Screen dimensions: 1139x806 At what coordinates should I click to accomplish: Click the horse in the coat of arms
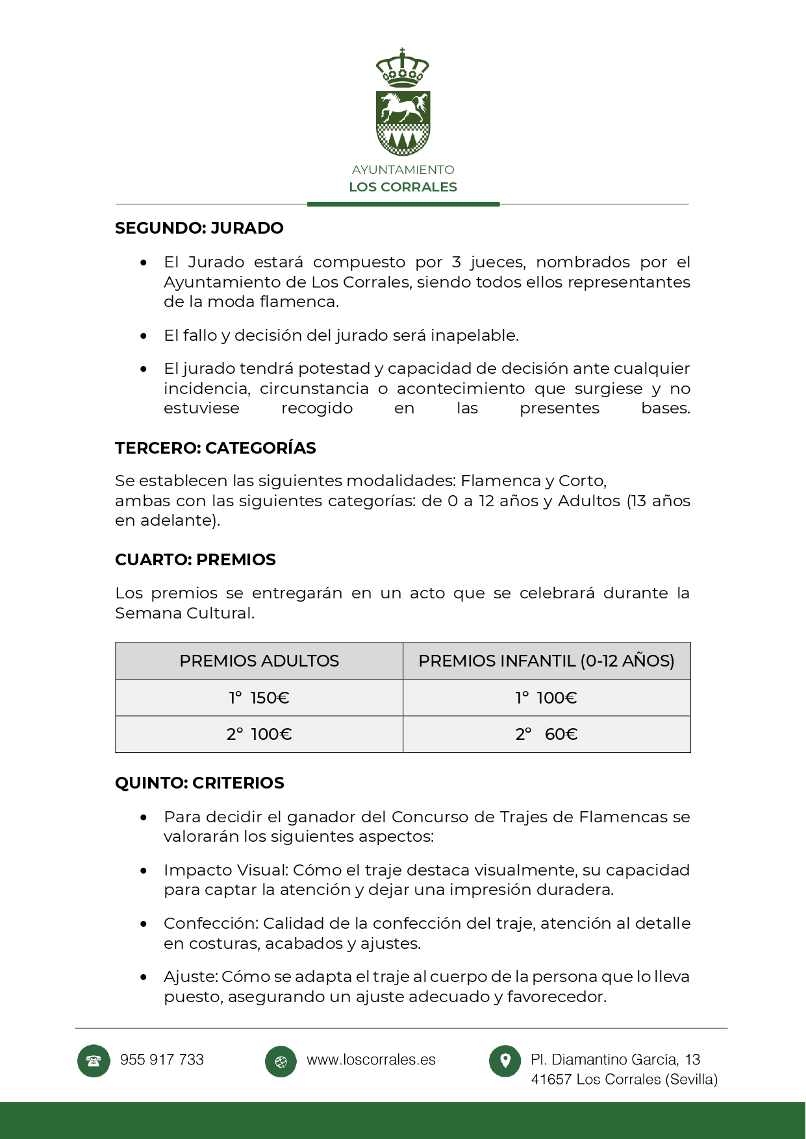pyautogui.click(x=403, y=107)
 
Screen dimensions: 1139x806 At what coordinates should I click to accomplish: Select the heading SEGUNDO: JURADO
pyautogui.click(x=199, y=228)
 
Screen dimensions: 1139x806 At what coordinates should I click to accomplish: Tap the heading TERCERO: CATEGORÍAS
pyautogui.click(x=216, y=448)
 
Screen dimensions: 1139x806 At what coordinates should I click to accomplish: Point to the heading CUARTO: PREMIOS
pyautogui.click(x=195, y=560)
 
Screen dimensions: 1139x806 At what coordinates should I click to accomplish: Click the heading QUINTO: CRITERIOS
pyautogui.click(x=199, y=783)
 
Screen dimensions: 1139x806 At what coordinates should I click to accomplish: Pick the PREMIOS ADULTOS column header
pyautogui.click(x=259, y=661)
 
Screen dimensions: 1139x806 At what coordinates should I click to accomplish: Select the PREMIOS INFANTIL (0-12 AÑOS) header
pyautogui.click(x=546, y=661)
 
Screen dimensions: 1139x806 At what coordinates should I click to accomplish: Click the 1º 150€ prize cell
pyautogui.click(x=259, y=698)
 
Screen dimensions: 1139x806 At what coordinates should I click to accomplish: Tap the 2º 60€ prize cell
pyautogui.click(x=546, y=735)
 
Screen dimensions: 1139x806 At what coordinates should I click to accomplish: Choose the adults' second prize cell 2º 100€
pyautogui.click(x=259, y=735)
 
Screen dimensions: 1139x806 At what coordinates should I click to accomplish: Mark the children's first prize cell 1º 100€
pyautogui.click(x=546, y=698)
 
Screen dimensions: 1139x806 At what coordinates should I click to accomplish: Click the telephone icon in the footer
pyautogui.click(x=94, y=1061)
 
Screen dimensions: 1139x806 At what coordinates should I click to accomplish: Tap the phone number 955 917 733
pyautogui.click(x=162, y=1060)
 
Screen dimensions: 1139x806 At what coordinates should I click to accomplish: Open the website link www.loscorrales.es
pyautogui.click(x=371, y=1060)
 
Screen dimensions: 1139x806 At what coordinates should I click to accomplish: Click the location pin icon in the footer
pyautogui.click(x=505, y=1061)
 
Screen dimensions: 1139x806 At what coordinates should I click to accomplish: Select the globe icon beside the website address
pyautogui.click(x=281, y=1062)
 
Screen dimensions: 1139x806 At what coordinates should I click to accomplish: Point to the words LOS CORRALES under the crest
pyautogui.click(x=403, y=188)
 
